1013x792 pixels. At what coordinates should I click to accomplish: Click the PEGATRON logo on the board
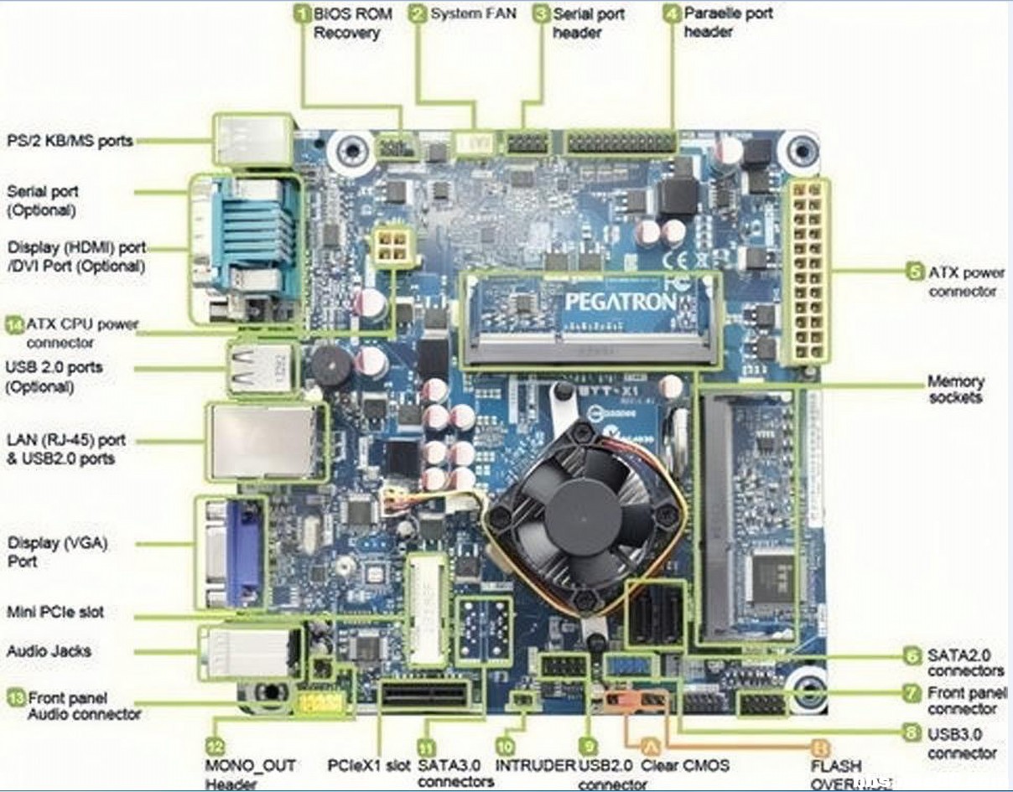[620, 300]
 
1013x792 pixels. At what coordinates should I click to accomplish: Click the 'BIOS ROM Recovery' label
[346, 23]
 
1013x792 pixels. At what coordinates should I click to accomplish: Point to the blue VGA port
[242, 551]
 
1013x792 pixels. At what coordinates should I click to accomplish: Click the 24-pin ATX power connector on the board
[806, 274]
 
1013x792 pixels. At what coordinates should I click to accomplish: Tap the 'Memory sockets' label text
[955, 389]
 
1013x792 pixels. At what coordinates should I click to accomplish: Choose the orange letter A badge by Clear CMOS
[649, 744]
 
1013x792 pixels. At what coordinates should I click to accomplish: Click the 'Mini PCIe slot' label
[55, 612]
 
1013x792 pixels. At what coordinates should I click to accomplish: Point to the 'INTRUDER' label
[534, 765]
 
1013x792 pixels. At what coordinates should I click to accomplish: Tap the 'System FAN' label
[472, 14]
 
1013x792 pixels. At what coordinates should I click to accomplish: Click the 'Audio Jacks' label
[49, 651]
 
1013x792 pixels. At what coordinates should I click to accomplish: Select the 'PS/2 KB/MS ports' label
[70, 141]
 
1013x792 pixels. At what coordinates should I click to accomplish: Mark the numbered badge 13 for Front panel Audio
[15, 697]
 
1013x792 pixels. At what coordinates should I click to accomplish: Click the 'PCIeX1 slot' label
[369, 765]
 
